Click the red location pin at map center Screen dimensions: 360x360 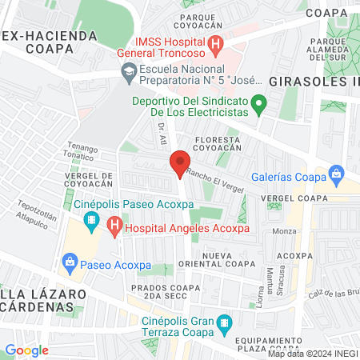180,163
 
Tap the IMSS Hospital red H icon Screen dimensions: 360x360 214,45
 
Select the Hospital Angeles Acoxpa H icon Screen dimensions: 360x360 114,227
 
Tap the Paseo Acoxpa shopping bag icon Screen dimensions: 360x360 70,262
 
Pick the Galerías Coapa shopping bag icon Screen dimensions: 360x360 337,173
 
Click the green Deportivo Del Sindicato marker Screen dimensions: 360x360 258,105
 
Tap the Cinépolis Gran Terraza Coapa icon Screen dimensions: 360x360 225,325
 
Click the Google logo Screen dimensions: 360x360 26,350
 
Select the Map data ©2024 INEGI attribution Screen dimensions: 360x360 312,353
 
